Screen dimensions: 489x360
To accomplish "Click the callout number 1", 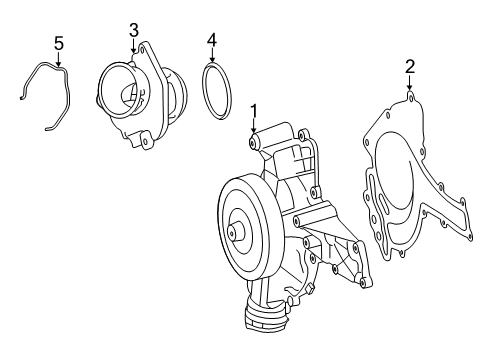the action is [x=254, y=111].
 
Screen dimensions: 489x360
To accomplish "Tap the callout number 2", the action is [x=410, y=67].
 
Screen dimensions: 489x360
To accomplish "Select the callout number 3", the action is [x=134, y=30].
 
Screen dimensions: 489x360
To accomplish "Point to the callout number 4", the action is [x=212, y=40].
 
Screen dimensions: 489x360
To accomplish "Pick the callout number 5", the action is [x=59, y=44].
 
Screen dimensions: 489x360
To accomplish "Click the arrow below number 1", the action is [x=254, y=126].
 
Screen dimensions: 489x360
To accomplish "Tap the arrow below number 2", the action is [x=410, y=82].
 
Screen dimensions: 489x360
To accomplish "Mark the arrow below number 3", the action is [x=134, y=45].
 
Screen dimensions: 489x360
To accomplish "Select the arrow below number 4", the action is [x=212, y=55].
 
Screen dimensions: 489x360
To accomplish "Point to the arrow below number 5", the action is [x=59, y=59].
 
